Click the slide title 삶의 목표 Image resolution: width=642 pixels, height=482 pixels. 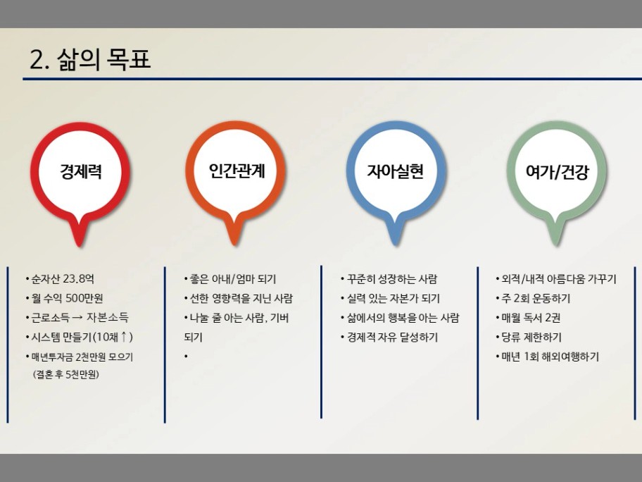point(104,59)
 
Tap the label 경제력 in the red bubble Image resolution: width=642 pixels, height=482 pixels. point(81,171)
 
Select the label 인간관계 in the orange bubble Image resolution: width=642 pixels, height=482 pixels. point(237,171)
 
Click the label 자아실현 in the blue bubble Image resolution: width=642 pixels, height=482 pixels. point(395,171)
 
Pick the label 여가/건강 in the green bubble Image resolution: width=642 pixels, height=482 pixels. point(557,171)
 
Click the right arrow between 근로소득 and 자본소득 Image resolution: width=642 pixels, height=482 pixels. point(78,318)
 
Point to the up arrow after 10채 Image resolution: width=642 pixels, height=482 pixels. point(123,337)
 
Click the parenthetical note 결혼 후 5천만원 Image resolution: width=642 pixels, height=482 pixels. point(66,375)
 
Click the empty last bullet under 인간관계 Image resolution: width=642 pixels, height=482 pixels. point(186,357)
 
